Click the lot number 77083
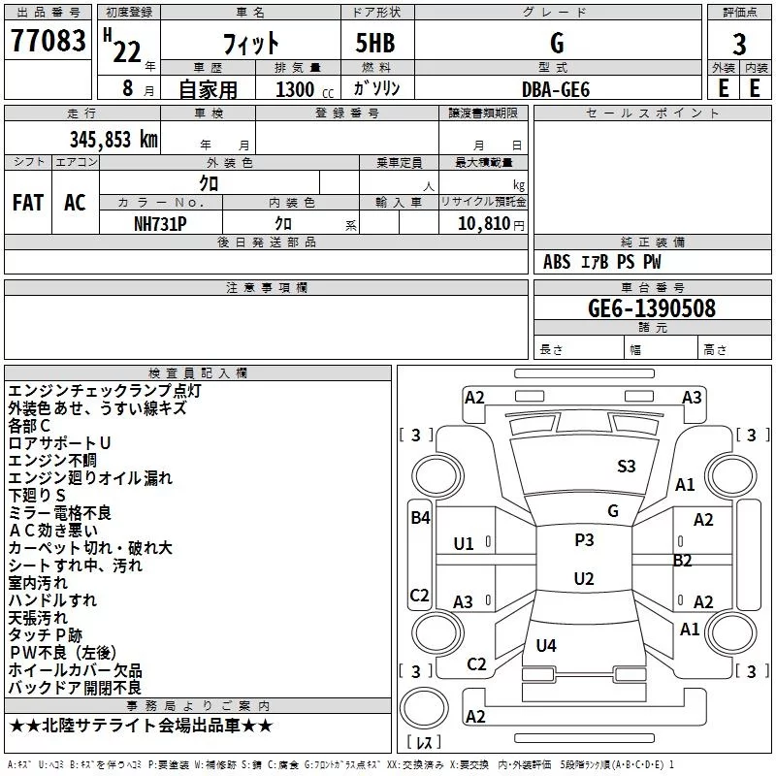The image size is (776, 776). click(x=48, y=41)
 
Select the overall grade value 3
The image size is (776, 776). click(x=739, y=45)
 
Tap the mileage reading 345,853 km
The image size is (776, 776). click(x=113, y=140)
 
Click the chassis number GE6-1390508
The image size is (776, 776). click(x=652, y=308)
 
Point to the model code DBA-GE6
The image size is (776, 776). click(x=556, y=89)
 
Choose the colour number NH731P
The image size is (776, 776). click(x=160, y=224)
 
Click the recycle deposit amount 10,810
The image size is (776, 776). click(x=483, y=224)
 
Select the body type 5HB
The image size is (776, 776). click(x=375, y=43)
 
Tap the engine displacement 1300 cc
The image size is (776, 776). click(x=305, y=89)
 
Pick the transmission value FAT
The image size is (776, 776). click(x=28, y=203)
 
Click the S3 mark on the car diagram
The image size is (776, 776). click(x=626, y=467)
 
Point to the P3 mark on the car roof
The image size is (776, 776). click(x=584, y=540)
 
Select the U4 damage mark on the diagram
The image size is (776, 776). click(x=546, y=645)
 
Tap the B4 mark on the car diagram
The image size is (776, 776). click(x=420, y=518)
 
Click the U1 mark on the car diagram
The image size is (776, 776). click(x=464, y=544)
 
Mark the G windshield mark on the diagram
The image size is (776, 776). click(x=613, y=511)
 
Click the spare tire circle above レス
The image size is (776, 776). click(x=424, y=707)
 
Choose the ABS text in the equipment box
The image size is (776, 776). click(x=557, y=262)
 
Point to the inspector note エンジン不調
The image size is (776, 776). click(x=52, y=461)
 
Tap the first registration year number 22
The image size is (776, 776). click(x=127, y=51)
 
